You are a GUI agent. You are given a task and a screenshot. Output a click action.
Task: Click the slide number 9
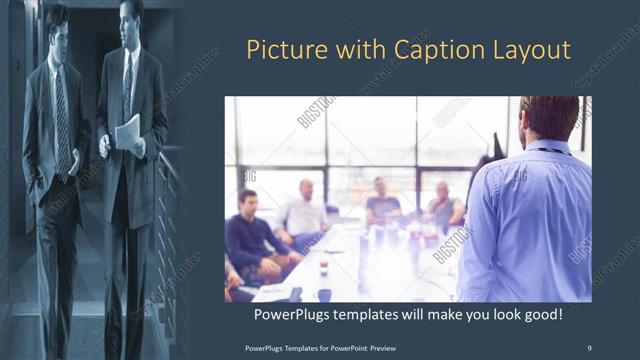click(589, 347)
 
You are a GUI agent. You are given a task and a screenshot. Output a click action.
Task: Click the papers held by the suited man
click(127, 133)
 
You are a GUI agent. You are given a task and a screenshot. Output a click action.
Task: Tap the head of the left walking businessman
click(57, 22)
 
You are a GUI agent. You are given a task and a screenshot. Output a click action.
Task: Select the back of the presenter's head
click(549, 118)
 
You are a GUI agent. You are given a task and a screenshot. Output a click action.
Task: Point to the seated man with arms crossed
click(444, 206)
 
